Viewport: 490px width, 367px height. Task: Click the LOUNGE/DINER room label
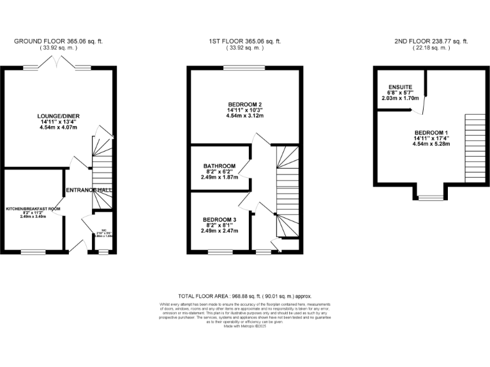coord(57,115)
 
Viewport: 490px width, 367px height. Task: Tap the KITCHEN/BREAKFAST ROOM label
coord(33,209)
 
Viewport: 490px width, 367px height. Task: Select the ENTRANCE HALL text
coord(89,190)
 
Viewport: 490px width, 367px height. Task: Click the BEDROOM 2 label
coord(245,104)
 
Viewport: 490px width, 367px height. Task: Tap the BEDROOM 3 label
coord(219,220)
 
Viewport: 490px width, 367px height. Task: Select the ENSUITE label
coord(401,87)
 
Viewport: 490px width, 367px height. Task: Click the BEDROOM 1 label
coord(432,132)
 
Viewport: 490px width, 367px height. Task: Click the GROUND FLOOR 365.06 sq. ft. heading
coord(58,41)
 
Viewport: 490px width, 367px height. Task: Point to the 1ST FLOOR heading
coord(245,41)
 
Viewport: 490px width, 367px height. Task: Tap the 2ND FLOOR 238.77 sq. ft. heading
coord(431,41)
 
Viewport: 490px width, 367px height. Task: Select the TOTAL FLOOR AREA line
coord(245,296)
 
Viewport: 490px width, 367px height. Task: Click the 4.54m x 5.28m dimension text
coord(432,144)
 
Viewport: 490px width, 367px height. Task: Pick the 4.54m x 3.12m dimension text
coord(245,116)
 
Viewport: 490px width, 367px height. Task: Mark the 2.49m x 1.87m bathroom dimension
coord(219,177)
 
